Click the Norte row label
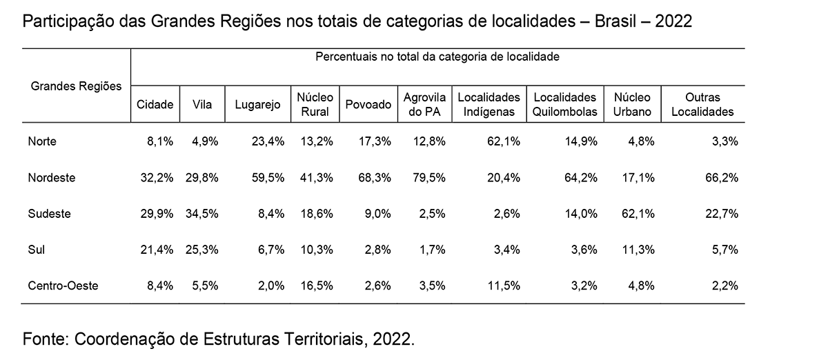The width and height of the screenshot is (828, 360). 42,141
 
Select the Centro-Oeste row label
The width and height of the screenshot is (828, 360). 63,285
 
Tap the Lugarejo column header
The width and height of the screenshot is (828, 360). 262,105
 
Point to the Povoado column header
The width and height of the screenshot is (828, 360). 368,105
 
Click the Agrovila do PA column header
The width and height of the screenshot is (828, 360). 424,105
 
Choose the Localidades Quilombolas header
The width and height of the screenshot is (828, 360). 564,105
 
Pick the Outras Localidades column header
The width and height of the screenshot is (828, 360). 702,105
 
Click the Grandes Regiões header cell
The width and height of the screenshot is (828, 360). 76,86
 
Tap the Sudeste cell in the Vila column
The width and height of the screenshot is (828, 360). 205,213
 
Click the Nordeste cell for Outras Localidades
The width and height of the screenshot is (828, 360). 722,177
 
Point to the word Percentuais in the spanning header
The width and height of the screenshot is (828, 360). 346,57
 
